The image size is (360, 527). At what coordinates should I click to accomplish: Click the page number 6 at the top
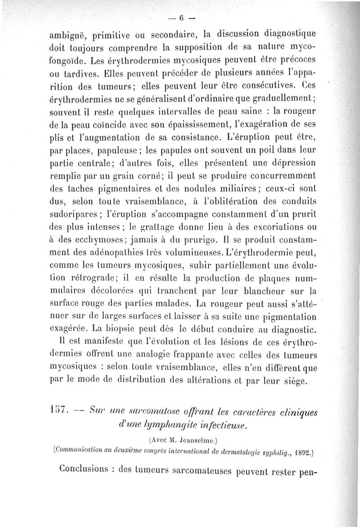click(x=181, y=18)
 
